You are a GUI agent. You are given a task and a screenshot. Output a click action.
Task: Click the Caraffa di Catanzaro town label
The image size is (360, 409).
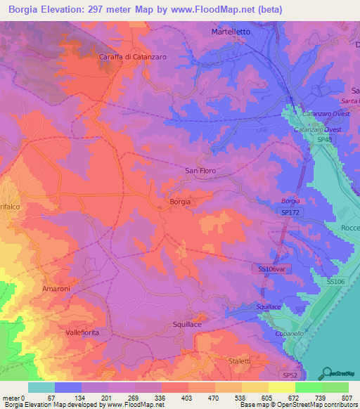pos(132,57)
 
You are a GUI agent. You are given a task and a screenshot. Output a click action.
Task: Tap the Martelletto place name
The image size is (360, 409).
pos(231,33)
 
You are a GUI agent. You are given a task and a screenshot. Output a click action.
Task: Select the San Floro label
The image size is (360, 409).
pos(200,171)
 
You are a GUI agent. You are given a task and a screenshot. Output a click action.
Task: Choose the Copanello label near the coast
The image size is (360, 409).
pos(288,333)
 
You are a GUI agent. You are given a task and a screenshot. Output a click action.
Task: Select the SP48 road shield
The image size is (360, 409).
pos(323,141)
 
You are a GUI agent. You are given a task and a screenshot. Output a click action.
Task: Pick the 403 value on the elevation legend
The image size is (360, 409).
pos(186,398)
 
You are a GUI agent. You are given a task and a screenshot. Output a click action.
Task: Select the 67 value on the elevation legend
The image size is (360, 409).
pos(51,398)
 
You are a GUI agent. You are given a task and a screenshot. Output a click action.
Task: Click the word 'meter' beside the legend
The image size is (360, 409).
pos(11,398)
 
